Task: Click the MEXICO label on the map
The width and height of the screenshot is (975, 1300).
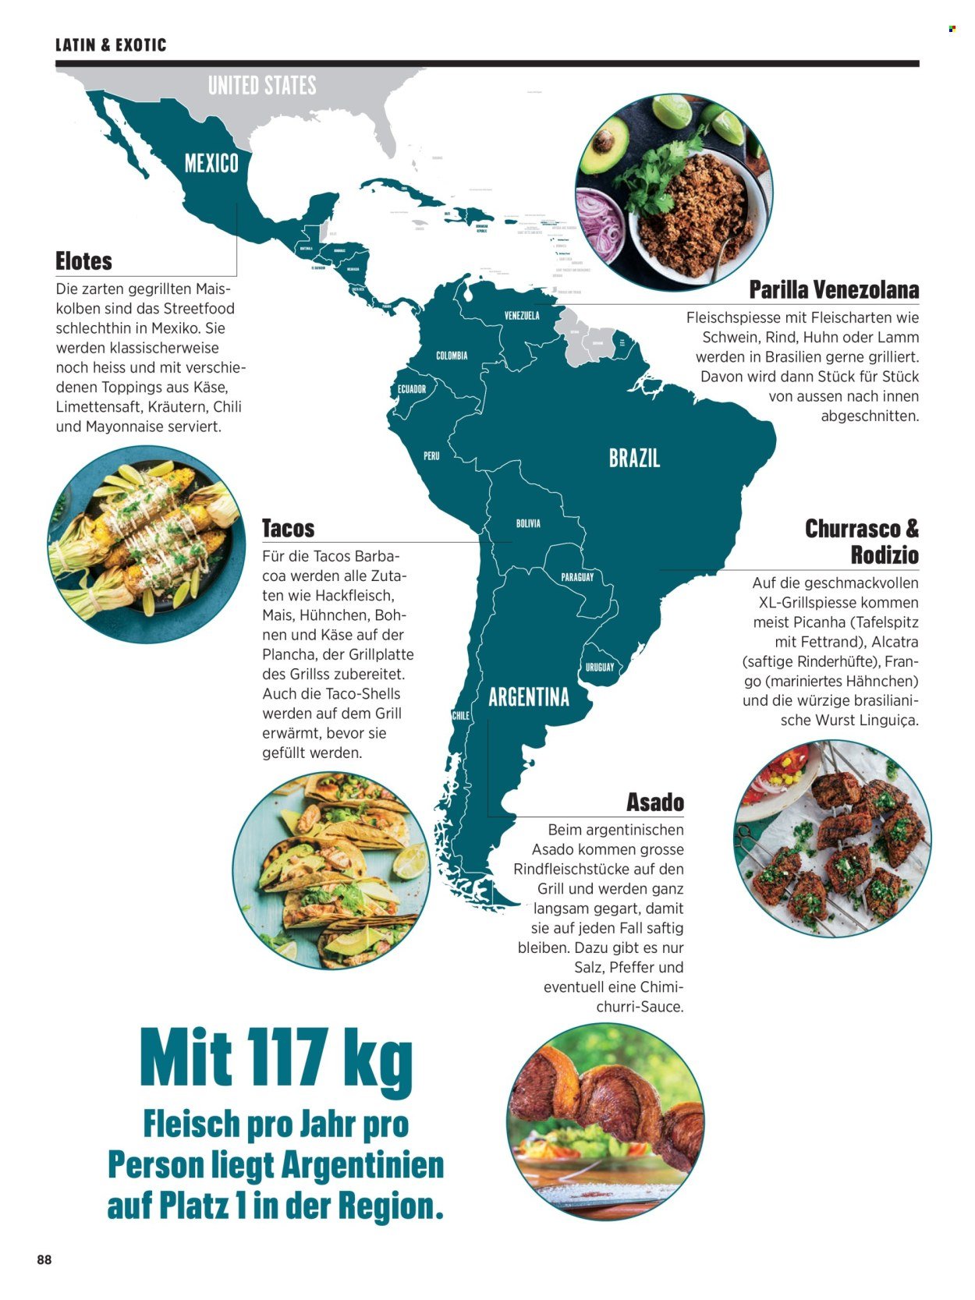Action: click(211, 163)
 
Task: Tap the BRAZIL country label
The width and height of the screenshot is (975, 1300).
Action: click(634, 458)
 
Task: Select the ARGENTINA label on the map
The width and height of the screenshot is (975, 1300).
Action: click(529, 696)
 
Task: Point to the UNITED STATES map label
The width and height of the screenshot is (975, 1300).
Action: click(262, 85)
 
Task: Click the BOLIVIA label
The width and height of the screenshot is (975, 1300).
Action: click(528, 523)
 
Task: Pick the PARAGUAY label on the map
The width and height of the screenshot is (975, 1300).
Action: click(577, 577)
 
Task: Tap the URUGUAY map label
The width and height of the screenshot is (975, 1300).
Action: click(600, 667)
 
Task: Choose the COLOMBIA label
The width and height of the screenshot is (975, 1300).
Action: click(452, 356)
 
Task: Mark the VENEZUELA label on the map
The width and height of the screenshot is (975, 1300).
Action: click(522, 316)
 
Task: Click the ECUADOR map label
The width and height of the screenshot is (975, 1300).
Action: click(412, 388)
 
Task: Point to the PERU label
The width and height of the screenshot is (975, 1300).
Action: click(431, 455)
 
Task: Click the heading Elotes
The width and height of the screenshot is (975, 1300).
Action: click(84, 260)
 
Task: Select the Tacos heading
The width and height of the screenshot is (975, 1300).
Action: click(288, 528)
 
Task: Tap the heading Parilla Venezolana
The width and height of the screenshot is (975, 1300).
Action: click(834, 289)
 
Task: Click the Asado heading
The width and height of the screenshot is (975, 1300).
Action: click(655, 802)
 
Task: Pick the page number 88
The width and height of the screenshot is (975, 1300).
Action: click(44, 1259)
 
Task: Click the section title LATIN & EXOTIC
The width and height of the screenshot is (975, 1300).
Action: click(111, 44)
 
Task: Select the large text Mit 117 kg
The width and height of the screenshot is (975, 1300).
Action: click(276, 1060)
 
